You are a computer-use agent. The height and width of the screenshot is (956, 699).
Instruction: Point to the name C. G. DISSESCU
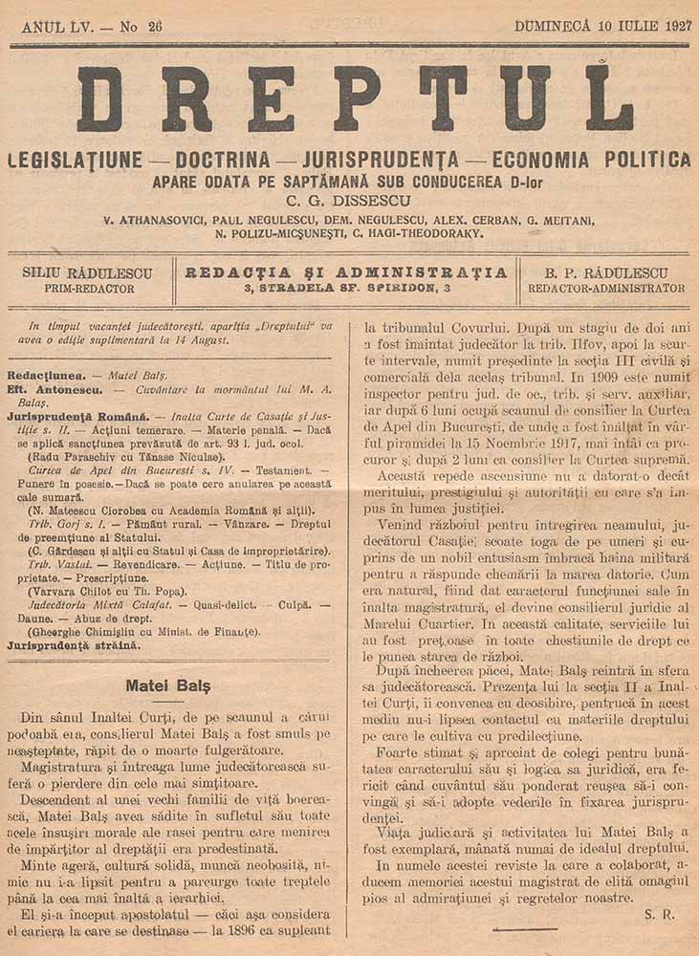(347, 202)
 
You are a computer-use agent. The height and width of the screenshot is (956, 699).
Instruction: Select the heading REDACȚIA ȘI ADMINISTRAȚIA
(346, 272)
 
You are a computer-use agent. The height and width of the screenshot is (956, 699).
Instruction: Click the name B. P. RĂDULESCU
(606, 272)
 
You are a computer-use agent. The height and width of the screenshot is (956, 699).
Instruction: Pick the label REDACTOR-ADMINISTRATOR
(606, 288)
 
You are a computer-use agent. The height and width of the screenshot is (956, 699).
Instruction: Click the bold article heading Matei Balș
(168, 685)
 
